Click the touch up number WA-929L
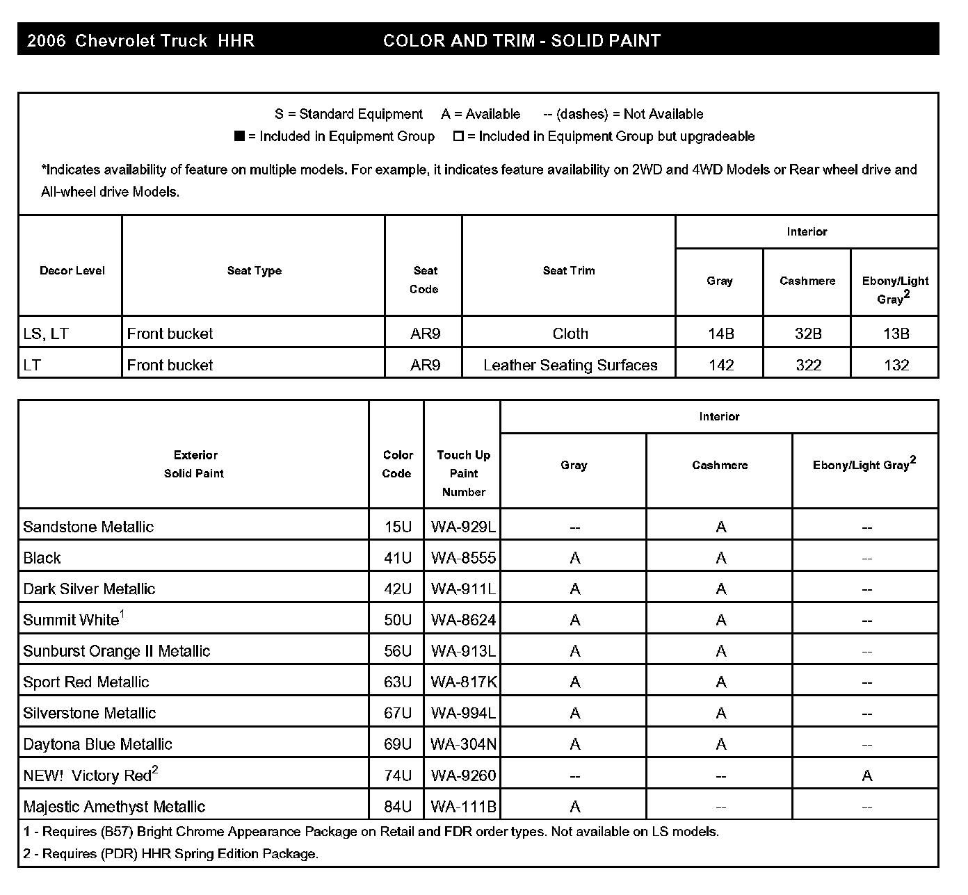[463, 527]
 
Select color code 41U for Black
[398, 558]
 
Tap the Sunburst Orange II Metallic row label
[116, 651]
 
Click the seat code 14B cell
[720, 334]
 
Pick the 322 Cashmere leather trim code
[808, 366]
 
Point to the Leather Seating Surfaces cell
[570, 366]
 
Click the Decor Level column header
[72, 271]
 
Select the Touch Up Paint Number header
[463, 473]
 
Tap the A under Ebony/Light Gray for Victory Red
[866, 776]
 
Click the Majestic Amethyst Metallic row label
[114, 807]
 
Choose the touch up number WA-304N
[463, 744]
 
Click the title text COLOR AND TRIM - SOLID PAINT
[522, 41]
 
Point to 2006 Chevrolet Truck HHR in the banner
[140, 41]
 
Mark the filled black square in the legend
[239, 136]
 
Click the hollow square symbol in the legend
[458, 136]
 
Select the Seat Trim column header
[569, 271]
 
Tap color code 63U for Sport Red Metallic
[398, 682]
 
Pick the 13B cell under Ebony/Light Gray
[896, 334]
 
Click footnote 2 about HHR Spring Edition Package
[170, 854]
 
